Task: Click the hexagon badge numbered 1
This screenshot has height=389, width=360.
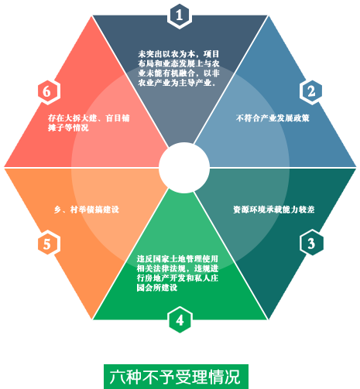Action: pyautogui.click(x=180, y=15)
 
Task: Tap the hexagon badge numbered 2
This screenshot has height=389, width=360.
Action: pyautogui.click(x=311, y=92)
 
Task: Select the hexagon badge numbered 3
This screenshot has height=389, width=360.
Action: pyautogui.click(x=311, y=243)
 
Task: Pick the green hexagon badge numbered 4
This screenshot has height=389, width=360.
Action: pyautogui.click(x=180, y=319)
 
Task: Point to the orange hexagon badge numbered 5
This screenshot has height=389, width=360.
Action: pyautogui.click(x=47, y=244)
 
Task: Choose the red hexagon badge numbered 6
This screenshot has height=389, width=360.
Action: pyautogui.click(x=47, y=92)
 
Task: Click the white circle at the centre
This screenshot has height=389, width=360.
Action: pyautogui.click(x=184, y=168)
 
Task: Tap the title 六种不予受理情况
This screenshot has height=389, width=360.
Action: pyautogui.click(x=176, y=377)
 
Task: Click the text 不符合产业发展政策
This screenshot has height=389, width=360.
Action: pyautogui.click(x=273, y=118)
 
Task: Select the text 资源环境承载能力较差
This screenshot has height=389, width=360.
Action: pyautogui.click(x=274, y=210)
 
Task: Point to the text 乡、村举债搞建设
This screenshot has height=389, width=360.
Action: pyautogui.click(x=87, y=210)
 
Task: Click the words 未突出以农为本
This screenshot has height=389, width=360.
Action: pyautogui.click(x=166, y=54)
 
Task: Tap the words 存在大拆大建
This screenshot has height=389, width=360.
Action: pyautogui.click(x=73, y=118)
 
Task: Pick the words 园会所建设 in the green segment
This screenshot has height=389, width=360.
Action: pyautogui.click(x=157, y=288)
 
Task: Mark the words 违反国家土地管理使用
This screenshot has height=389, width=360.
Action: pyautogui.click(x=177, y=258)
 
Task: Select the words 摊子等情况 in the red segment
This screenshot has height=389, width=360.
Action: pyautogui.click(x=68, y=128)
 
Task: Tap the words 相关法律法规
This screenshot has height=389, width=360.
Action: pyautogui.click(x=161, y=268)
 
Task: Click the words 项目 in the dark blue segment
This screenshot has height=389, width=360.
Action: pyautogui.click(x=211, y=54)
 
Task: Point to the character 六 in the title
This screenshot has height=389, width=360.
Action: pyautogui.click(x=118, y=377)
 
